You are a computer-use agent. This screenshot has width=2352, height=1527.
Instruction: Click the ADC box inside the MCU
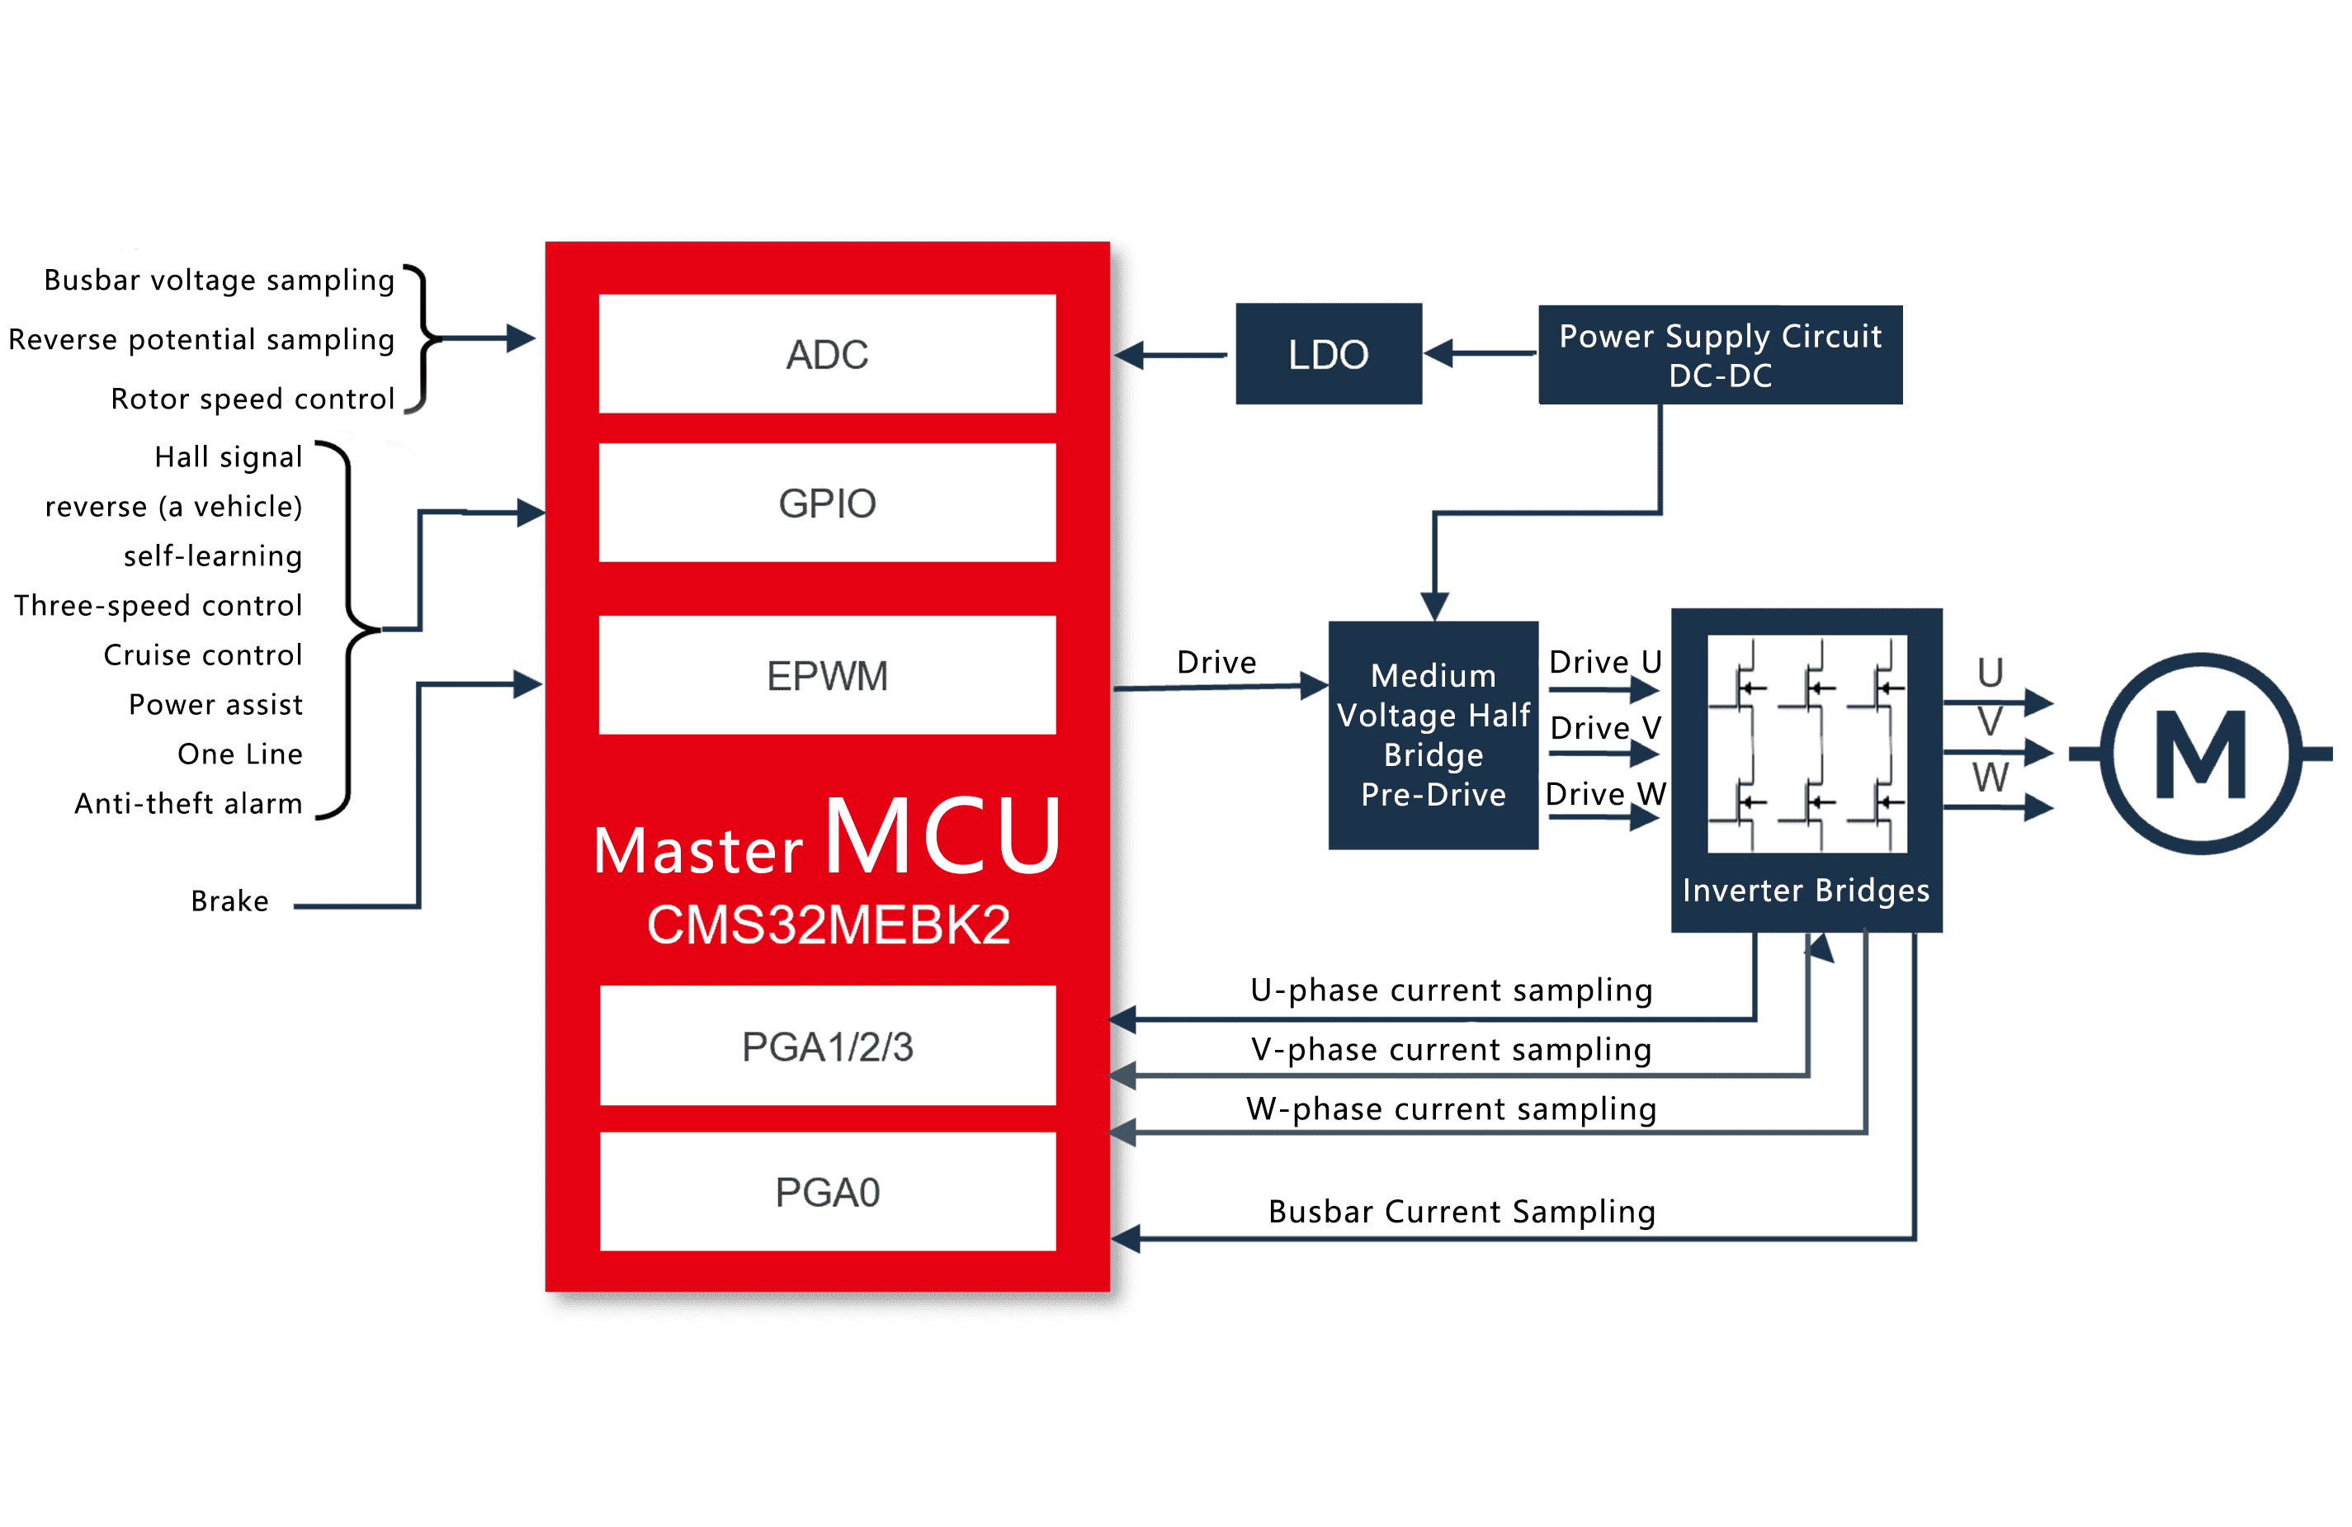point(827,354)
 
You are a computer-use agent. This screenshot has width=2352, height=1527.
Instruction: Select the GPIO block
point(827,502)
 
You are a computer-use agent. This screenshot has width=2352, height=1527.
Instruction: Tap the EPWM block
point(827,675)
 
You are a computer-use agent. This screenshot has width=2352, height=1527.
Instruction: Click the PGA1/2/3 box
point(827,1046)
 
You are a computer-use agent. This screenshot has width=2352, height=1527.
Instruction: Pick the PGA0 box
point(827,1192)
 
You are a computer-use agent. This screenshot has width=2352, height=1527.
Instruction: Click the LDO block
point(1328,354)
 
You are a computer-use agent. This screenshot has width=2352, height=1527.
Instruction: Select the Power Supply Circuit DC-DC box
point(1720,355)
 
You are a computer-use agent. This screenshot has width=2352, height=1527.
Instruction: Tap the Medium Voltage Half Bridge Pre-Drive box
point(1433,735)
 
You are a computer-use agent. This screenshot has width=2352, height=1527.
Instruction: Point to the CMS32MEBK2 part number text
point(828,925)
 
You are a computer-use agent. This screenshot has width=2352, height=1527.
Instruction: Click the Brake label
point(229,901)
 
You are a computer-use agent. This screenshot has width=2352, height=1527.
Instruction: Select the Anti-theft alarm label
point(189,802)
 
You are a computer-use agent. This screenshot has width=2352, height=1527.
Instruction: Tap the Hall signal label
point(229,456)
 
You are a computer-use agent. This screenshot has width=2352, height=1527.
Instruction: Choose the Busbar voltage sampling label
point(220,280)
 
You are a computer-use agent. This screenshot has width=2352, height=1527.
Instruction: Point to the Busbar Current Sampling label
point(1462,1211)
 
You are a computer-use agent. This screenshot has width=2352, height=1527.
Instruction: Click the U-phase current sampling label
point(1451,990)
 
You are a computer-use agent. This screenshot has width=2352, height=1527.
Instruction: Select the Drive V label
point(1605,727)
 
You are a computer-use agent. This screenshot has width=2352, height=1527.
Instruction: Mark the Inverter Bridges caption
point(1806,890)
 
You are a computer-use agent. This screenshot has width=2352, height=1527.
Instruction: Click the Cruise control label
point(202,655)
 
